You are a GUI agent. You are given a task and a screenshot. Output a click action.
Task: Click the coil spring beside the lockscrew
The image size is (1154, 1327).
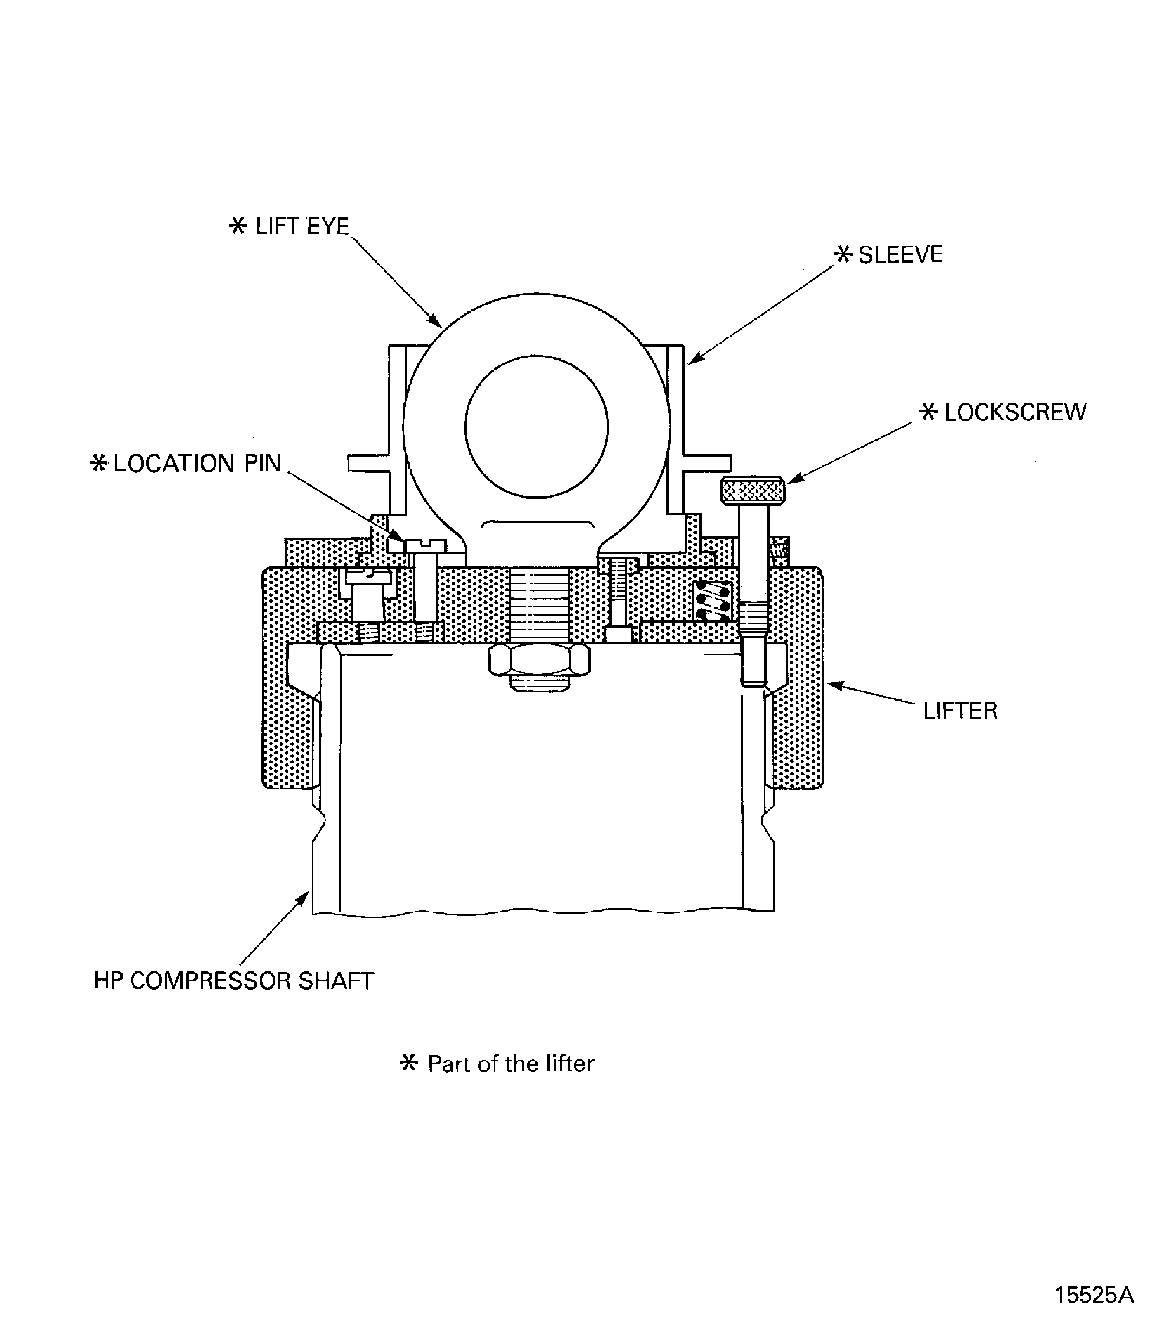point(713,601)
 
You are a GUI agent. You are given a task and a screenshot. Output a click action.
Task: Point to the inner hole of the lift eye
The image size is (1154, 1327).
point(536,427)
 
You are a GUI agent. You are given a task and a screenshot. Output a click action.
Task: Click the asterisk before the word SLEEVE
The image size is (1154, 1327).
point(843,254)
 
